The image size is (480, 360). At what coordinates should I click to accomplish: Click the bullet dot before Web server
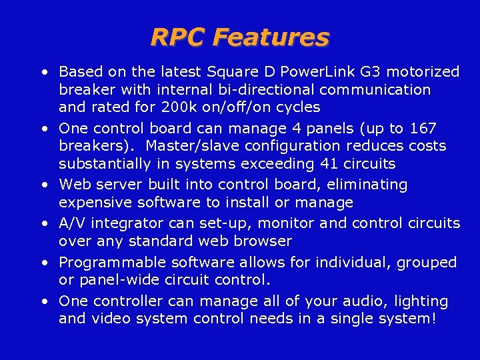point(43,185)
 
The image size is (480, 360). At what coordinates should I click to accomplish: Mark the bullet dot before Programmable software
point(43,262)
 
